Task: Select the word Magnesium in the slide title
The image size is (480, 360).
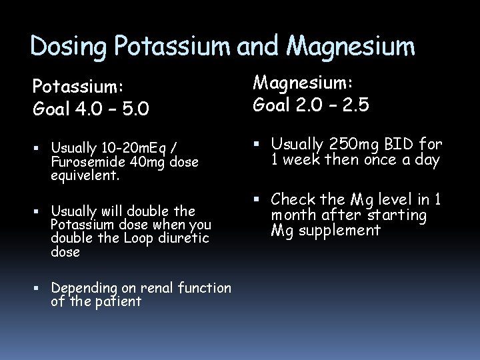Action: click(x=351, y=46)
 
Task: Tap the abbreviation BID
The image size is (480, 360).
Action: click(x=402, y=145)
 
